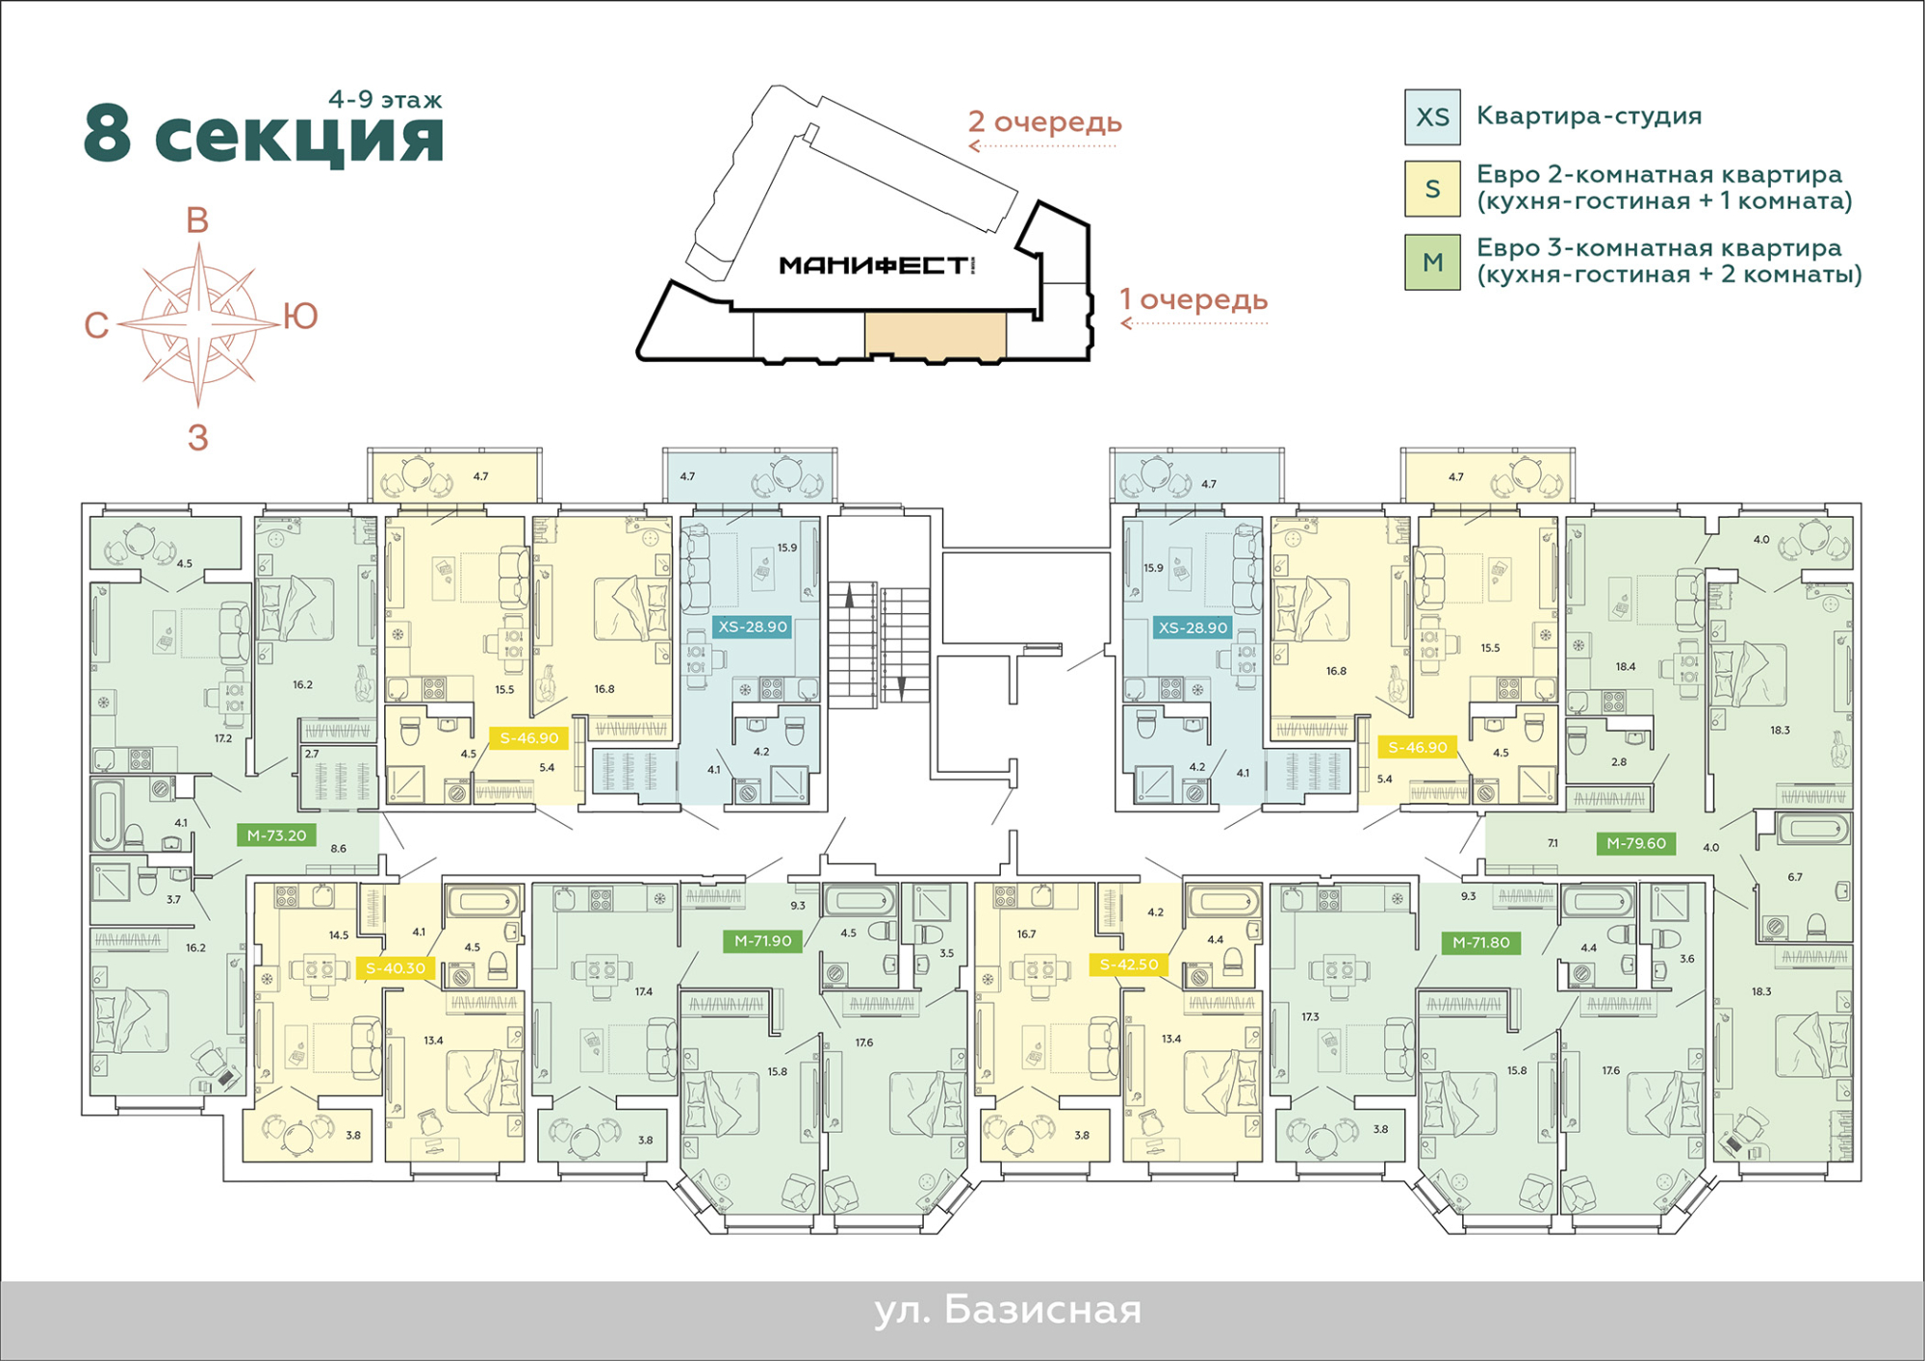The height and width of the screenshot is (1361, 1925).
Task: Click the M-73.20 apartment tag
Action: point(276,835)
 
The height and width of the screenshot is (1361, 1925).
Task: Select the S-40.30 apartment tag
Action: point(395,968)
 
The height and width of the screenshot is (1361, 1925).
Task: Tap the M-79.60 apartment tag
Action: point(1636,843)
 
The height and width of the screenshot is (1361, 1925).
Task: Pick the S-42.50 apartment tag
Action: point(1129,963)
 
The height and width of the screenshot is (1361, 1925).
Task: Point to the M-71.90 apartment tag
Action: point(762,940)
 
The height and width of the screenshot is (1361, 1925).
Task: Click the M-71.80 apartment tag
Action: point(1481,942)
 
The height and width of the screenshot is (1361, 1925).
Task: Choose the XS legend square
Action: point(1432,117)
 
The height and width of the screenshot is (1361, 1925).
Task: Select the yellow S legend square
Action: point(1432,189)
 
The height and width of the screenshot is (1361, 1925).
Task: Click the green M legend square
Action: point(1432,262)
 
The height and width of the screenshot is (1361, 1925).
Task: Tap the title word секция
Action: point(299,137)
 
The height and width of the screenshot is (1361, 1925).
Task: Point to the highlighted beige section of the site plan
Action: point(936,334)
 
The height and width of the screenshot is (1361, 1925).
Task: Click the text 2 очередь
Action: point(1045,122)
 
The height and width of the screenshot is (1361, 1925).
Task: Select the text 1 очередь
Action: point(1193,299)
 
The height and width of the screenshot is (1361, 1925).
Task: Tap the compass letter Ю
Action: point(300,316)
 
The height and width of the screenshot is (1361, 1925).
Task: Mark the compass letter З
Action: point(197,438)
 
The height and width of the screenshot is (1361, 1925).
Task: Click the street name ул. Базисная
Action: point(1008,1310)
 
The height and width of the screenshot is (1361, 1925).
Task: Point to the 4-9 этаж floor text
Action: point(385,99)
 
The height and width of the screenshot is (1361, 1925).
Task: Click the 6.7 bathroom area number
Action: point(1795,877)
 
